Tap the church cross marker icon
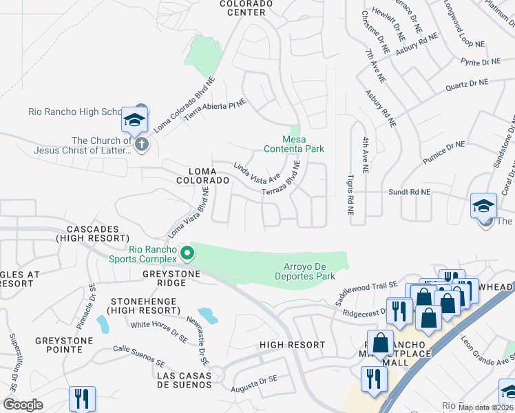[x=142, y=145]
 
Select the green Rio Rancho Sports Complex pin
[x=187, y=254]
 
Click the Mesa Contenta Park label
[x=294, y=143]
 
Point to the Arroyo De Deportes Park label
[x=309, y=271]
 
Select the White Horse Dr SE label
[x=159, y=328]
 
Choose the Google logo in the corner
[x=23, y=405]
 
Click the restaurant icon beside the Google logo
[x=82, y=399]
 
